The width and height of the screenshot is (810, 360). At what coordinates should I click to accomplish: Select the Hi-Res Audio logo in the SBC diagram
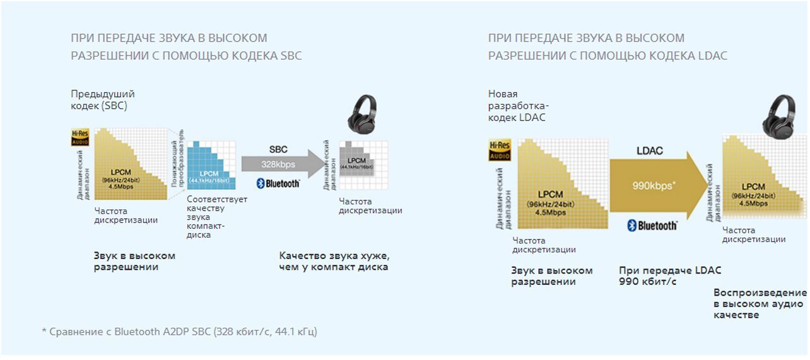coord(80,137)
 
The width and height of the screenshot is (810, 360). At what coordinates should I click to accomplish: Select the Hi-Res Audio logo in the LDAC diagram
coord(499,150)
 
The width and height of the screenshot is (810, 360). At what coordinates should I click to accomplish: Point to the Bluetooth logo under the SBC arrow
coord(278,183)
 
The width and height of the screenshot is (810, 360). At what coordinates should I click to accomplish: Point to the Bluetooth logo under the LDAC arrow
coord(652,226)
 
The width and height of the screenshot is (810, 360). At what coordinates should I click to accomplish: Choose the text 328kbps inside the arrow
coord(278,164)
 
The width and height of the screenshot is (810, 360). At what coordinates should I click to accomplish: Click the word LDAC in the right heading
coord(713,55)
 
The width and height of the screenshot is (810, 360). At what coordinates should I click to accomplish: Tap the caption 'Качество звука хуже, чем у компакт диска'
coord(334,261)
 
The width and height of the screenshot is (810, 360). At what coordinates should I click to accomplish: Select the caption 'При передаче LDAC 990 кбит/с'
coord(670,276)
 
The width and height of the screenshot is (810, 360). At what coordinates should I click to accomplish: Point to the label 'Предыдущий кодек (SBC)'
coord(102,100)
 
